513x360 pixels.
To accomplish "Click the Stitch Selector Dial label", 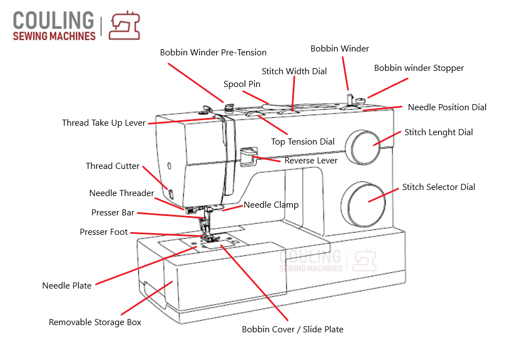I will click(438, 187).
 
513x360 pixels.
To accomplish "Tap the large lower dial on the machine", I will click(364, 200).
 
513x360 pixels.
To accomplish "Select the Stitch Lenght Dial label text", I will click(438, 132).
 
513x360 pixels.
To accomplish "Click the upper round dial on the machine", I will click(366, 145).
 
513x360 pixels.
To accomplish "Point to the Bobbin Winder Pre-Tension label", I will click(213, 53).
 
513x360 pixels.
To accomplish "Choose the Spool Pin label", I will click(242, 84).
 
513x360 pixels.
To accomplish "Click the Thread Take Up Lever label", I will click(103, 123).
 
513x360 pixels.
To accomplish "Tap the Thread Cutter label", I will click(112, 166).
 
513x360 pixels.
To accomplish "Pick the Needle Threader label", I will click(121, 193).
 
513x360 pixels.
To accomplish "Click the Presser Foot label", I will click(103, 232).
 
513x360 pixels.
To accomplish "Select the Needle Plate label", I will click(67, 286).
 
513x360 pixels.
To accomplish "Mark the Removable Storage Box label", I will click(95, 322).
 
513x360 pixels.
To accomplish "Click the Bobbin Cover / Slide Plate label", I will click(292, 330).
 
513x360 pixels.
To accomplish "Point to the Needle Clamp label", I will click(271, 205).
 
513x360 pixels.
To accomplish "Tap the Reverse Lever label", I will click(311, 161).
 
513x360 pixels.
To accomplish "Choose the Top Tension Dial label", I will click(303, 142).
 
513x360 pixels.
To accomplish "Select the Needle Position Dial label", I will click(447, 107).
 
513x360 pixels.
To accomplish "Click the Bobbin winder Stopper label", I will click(419, 68).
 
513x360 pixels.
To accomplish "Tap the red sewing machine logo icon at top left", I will click(125, 26).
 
